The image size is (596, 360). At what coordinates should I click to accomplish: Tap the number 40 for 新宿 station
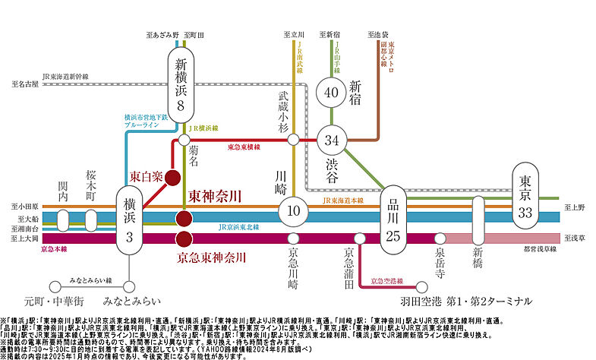click(331, 93)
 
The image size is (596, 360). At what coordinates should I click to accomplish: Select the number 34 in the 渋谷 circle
click(331, 140)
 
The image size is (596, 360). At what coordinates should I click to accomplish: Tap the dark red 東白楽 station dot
click(173, 178)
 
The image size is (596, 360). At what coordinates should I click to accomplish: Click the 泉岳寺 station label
click(440, 263)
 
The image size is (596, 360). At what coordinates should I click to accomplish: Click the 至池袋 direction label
click(377, 35)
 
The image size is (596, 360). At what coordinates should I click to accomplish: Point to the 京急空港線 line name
click(386, 282)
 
